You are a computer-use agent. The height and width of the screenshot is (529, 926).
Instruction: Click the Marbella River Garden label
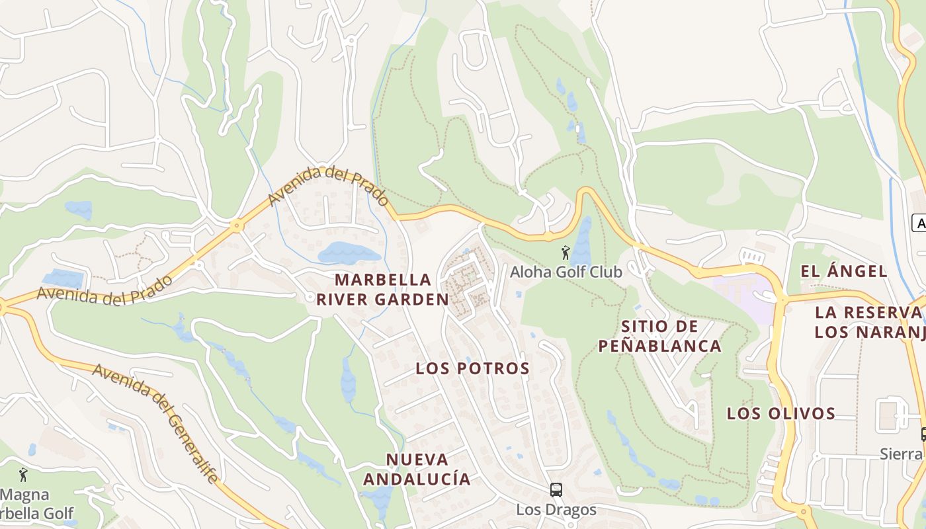click(383, 290)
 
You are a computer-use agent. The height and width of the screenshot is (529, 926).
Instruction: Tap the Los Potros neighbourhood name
click(472, 368)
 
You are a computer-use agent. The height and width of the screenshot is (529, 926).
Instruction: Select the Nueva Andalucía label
click(417, 469)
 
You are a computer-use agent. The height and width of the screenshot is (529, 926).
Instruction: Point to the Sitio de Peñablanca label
click(659, 336)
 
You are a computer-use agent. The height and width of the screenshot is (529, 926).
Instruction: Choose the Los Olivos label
click(781, 414)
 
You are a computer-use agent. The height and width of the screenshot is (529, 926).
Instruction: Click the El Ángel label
click(844, 271)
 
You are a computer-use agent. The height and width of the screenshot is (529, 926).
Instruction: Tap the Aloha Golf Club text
click(566, 272)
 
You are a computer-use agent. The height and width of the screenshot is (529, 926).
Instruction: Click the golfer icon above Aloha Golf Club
click(565, 253)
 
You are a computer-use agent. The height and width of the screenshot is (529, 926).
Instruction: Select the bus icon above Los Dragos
click(556, 490)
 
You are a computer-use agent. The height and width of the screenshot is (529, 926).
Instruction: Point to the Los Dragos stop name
click(556, 510)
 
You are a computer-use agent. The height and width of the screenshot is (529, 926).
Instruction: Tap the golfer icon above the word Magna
click(24, 475)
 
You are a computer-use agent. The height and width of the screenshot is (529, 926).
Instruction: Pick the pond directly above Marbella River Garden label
click(349, 253)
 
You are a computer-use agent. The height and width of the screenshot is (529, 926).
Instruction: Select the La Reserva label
click(869, 312)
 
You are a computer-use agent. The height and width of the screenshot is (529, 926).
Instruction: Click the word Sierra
click(901, 454)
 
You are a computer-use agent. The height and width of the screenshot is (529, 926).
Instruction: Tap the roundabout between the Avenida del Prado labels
click(236, 226)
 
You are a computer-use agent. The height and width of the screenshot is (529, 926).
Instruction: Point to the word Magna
click(24, 495)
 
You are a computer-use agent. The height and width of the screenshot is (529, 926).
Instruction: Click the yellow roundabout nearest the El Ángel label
click(782, 299)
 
